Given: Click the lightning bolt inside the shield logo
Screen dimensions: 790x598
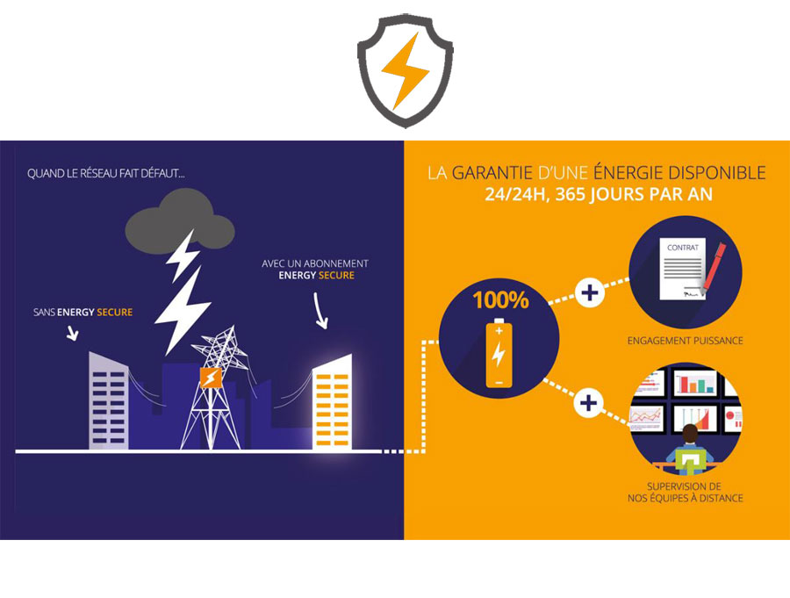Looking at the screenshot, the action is point(405,70).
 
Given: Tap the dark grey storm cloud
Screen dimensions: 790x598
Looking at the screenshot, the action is point(179,222).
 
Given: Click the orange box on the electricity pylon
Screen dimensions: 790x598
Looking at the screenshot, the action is point(211,378).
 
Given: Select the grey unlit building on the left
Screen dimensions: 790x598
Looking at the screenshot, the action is point(108,400).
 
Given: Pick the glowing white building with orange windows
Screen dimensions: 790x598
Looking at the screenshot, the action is point(332,402).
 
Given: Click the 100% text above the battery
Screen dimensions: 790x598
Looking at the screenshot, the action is point(500,300).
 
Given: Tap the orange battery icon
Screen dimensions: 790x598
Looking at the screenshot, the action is point(499,353).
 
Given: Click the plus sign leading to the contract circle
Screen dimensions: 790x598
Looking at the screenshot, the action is point(590,293).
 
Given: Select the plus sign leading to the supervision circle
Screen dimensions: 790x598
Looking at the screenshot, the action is point(588,403).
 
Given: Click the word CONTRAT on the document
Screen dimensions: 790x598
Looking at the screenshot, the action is point(683,248).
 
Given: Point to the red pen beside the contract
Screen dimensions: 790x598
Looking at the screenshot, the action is point(714,267).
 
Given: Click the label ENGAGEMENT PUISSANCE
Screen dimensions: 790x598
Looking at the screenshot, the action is point(686,341).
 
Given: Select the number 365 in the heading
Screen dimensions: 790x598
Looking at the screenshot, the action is point(571,195).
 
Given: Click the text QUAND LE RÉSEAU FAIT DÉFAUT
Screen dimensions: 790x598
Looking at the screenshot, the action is point(106,174).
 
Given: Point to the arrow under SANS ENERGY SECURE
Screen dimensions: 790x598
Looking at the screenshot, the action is point(73,333).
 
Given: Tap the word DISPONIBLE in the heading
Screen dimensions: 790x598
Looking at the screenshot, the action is point(717,173).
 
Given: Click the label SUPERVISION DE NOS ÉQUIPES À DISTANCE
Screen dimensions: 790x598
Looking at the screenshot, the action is point(686,493).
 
